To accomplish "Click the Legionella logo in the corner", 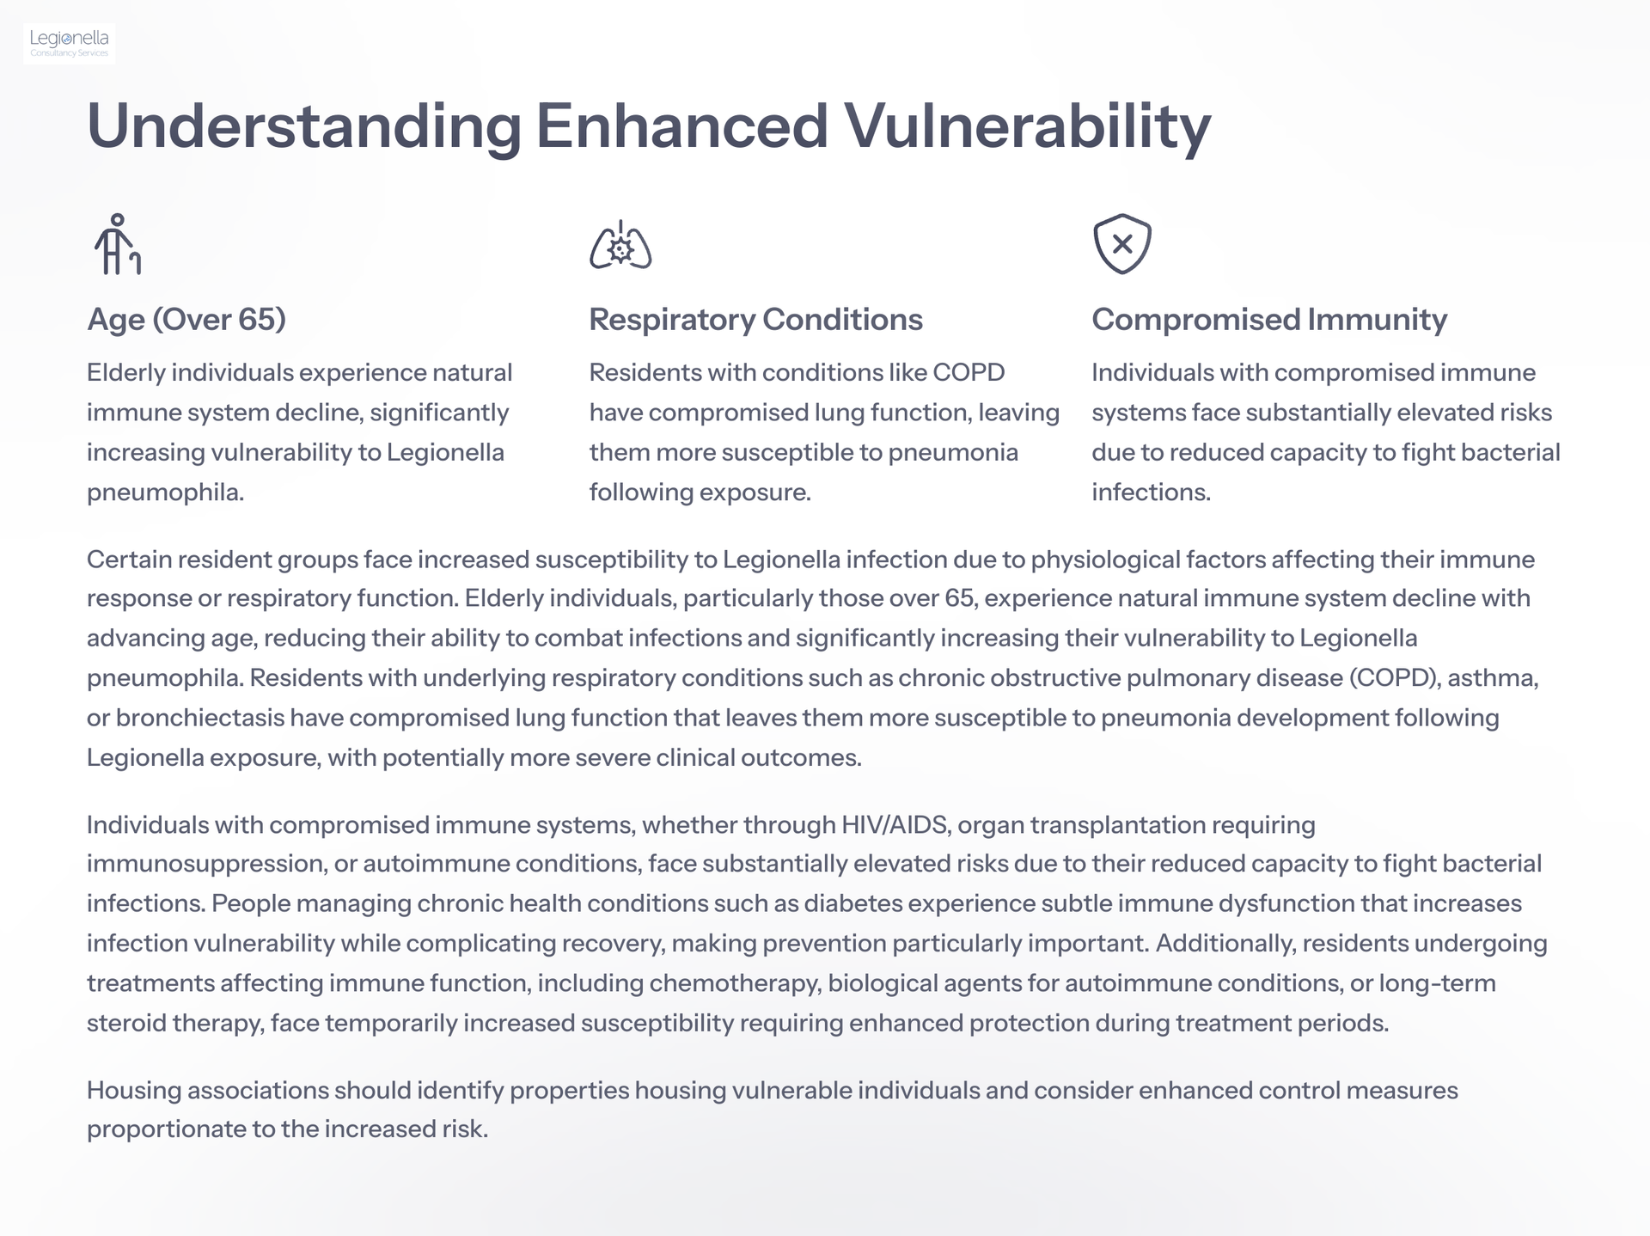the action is (x=70, y=43).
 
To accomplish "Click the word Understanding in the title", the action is (x=304, y=127).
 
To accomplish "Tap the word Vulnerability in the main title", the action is (x=1028, y=127).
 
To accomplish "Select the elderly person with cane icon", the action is (x=117, y=244).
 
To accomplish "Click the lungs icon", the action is (x=620, y=245).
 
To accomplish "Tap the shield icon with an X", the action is (x=1122, y=244).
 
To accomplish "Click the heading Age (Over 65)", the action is (x=186, y=320).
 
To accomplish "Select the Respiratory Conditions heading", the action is (x=756, y=320).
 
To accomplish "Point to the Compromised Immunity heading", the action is (x=1269, y=320).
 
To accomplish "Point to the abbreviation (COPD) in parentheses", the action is (x=1395, y=678).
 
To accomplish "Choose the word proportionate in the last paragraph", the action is (x=166, y=1129).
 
